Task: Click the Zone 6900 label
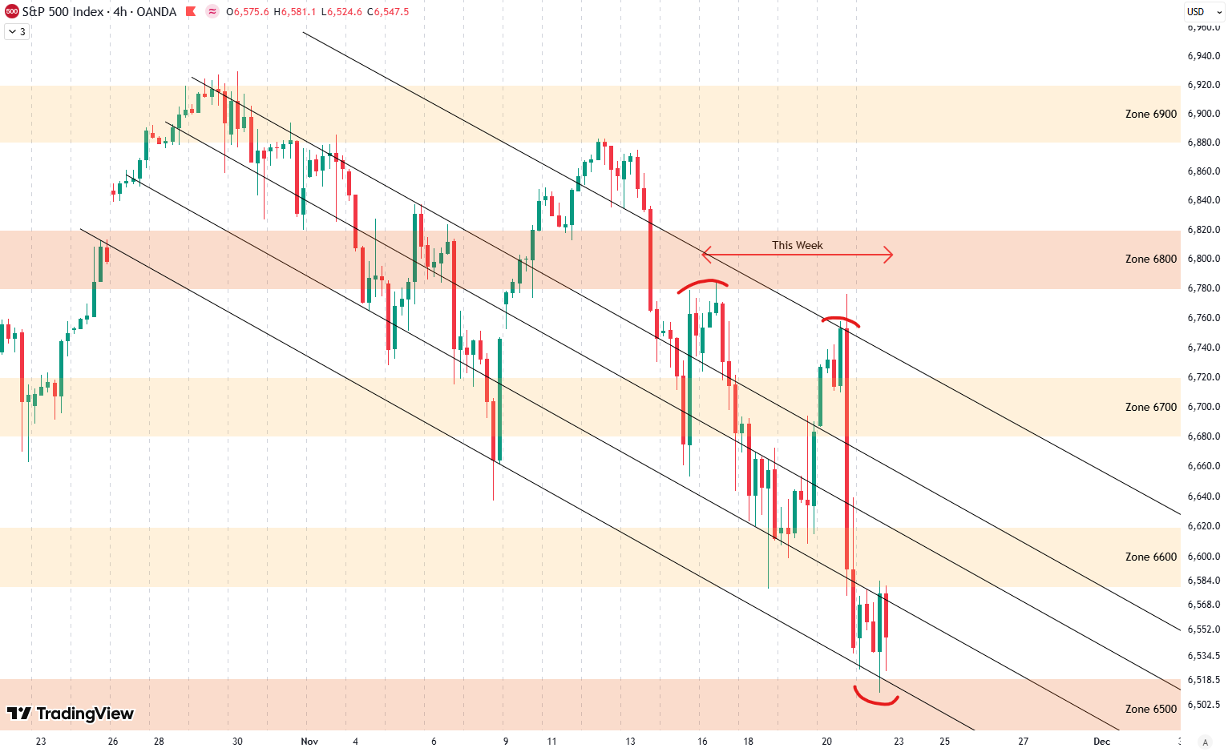point(1150,114)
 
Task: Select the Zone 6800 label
point(1150,259)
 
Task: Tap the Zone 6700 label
point(1150,407)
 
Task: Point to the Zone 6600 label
point(1150,557)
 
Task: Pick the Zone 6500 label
point(1150,709)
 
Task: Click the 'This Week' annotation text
point(797,245)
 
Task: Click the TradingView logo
point(71,714)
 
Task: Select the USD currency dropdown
point(1200,11)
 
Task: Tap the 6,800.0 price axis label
point(1203,259)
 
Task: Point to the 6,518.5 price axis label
point(1203,680)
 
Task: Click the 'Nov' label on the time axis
point(309,741)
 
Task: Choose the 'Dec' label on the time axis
point(1101,741)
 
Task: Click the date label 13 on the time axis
point(630,741)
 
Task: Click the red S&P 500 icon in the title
point(11,11)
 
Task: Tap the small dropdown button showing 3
point(17,32)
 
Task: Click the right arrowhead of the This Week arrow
point(889,255)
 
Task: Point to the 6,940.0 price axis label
point(1203,56)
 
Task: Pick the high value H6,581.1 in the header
point(296,12)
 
